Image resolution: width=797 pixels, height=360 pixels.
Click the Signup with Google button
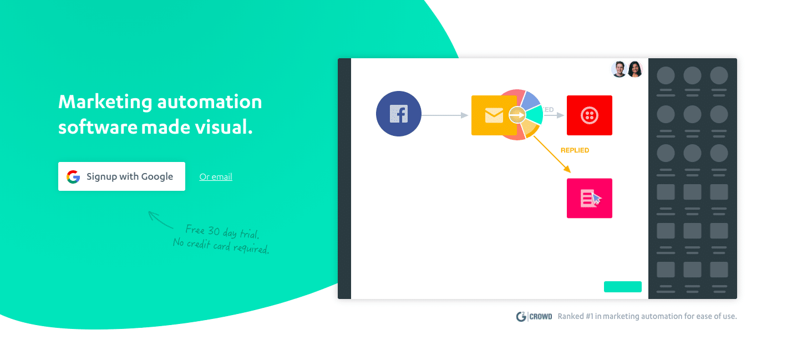121,176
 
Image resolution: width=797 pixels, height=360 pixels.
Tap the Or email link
216,177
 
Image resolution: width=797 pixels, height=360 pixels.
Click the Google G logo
73,177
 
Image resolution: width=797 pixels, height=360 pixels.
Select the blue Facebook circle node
398,114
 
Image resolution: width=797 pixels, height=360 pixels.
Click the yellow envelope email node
494,115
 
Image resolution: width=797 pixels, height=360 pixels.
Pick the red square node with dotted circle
589,115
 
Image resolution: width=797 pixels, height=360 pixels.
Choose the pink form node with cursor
589,198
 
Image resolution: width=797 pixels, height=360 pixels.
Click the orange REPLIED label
575,150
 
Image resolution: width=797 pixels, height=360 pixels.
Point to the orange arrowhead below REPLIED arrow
567,169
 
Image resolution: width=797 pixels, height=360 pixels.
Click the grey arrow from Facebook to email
445,115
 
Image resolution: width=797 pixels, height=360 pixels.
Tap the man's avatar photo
619,69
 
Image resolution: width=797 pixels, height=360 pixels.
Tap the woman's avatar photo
634,69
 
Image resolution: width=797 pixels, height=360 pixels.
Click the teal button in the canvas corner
623,287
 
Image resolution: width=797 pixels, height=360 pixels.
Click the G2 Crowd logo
534,316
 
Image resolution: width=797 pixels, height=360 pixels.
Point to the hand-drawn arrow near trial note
160,220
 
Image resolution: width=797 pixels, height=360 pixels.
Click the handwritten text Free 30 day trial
222,232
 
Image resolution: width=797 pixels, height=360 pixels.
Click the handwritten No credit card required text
221,246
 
